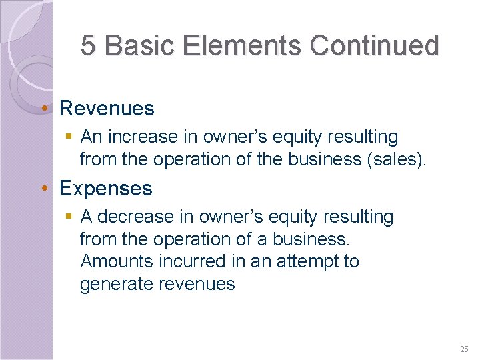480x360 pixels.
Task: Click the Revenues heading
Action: [107, 108]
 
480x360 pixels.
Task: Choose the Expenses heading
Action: [106, 189]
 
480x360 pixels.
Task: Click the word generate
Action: [115, 284]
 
